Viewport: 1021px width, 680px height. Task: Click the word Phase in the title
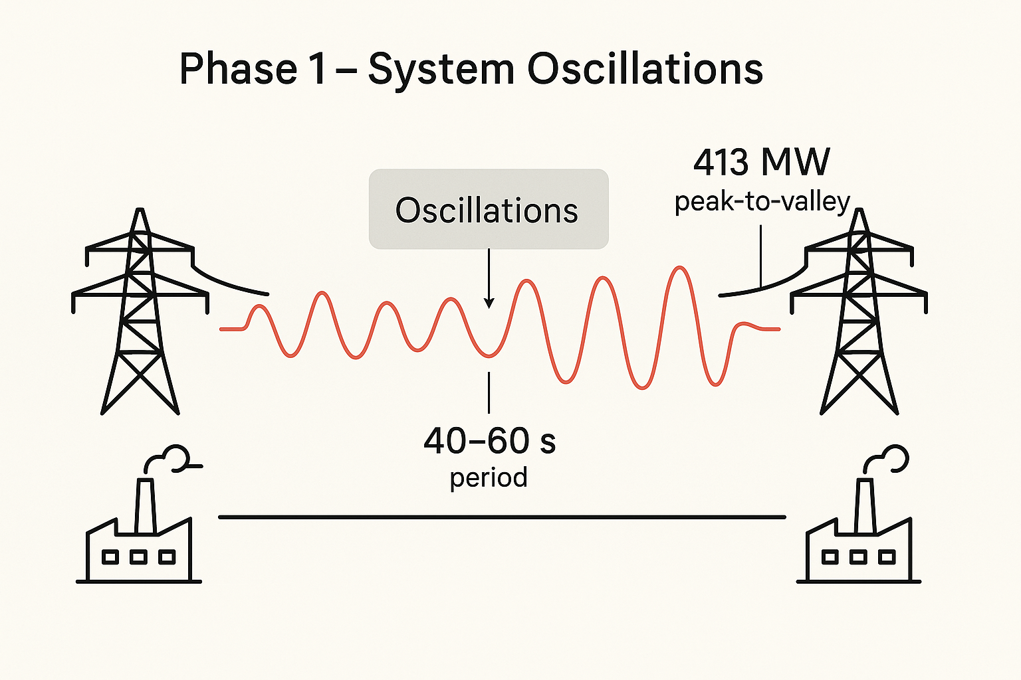(x=238, y=69)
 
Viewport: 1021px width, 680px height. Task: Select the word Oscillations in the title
(x=645, y=69)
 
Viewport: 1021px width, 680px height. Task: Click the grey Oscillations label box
(x=489, y=209)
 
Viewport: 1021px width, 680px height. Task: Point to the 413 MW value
(x=762, y=162)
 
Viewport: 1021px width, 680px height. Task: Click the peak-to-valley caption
(x=762, y=202)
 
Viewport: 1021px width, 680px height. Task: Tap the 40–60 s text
(x=489, y=441)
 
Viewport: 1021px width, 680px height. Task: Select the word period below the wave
(x=489, y=477)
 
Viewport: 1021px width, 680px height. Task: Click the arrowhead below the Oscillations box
(x=489, y=303)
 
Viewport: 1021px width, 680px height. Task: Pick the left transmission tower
(x=140, y=312)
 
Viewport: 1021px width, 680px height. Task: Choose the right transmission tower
(x=859, y=312)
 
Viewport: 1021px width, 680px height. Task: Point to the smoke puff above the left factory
(x=174, y=458)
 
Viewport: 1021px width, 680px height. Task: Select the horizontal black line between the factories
(x=502, y=517)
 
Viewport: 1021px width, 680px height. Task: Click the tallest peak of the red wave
(x=679, y=268)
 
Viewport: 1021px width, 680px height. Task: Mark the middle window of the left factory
(x=138, y=556)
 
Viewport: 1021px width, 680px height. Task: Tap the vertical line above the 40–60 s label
(x=489, y=393)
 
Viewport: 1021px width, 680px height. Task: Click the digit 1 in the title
(x=318, y=69)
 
